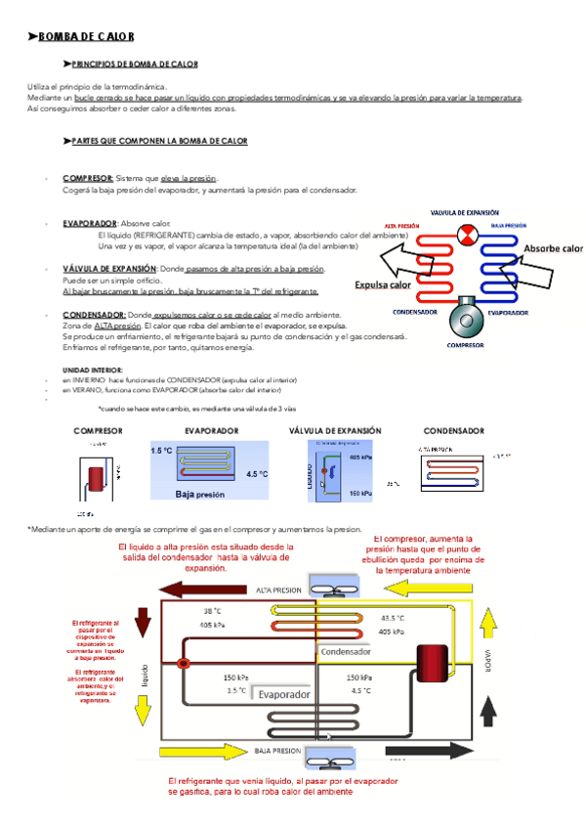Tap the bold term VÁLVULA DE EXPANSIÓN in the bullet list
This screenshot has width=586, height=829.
108,268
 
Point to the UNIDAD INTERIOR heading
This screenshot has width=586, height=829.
93,370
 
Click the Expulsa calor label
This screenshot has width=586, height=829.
383,284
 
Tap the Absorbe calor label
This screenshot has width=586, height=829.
553,249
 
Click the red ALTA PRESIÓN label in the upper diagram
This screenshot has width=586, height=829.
402,225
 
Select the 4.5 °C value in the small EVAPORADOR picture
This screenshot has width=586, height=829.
257,474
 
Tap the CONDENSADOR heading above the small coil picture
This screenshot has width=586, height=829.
453,431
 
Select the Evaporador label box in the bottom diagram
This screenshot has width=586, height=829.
284,693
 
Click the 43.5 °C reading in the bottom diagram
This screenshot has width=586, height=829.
393,618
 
